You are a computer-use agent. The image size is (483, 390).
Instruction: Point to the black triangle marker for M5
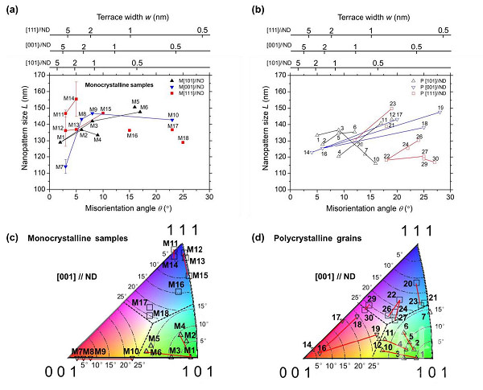[135, 107]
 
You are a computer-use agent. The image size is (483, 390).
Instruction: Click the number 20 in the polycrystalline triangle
[407, 284]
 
